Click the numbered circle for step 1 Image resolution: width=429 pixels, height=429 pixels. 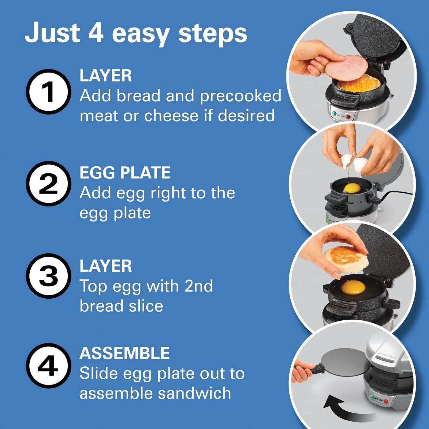point(48,92)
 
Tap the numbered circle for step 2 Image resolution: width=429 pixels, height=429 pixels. point(48,184)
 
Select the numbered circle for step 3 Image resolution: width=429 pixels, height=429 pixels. point(48,276)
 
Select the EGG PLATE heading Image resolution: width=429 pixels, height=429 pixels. point(125,173)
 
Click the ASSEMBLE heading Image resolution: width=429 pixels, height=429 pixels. point(124,353)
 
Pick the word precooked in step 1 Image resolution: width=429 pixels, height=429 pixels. point(240,96)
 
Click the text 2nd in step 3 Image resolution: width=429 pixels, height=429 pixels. point(199,286)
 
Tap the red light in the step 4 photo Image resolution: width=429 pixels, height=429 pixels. point(386,401)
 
